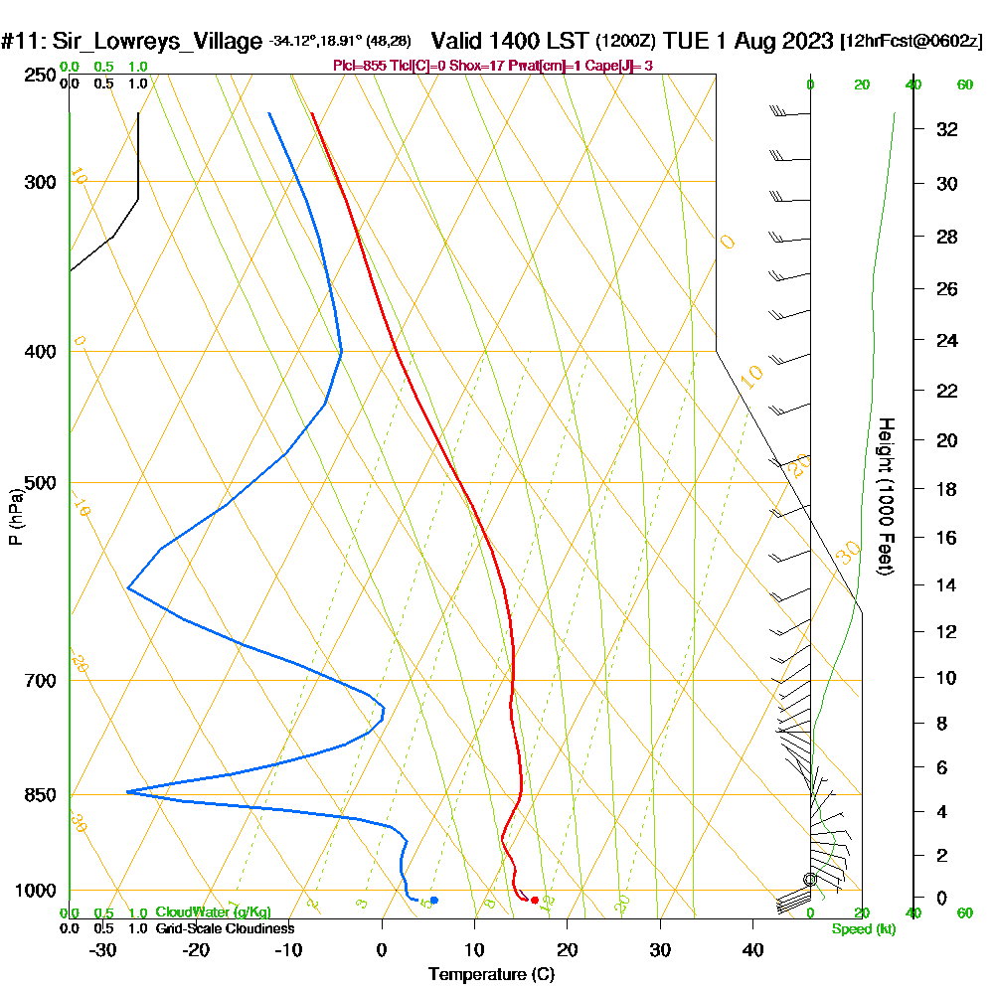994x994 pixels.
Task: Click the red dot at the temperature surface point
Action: [535, 900]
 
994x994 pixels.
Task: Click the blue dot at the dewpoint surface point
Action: [434, 900]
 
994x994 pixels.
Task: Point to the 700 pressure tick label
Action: [41, 681]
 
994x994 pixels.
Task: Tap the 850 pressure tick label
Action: [41, 795]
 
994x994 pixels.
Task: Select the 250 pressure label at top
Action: [41, 76]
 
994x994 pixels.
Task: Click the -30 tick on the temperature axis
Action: [103, 949]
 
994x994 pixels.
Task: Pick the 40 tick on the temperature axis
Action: [752, 949]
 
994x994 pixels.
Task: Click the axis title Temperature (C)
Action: [491, 973]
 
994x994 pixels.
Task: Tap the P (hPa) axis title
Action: [15, 517]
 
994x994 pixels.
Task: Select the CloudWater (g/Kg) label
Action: [213, 911]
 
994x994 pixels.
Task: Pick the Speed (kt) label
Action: [861, 928]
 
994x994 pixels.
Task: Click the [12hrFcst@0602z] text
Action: [911, 42]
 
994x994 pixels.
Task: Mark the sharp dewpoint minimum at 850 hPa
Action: [128, 791]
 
